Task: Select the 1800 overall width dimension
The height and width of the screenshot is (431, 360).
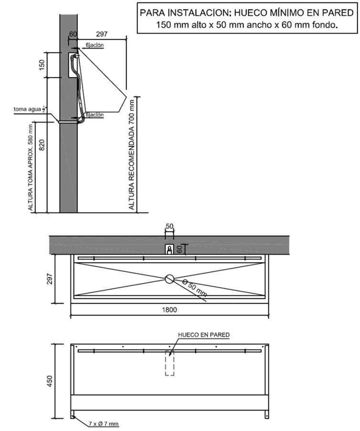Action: pyautogui.click(x=169, y=310)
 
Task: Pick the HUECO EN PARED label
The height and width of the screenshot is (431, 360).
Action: pyautogui.click(x=203, y=335)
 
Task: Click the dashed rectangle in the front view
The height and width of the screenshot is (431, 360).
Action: pyautogui.click(x=169, y=363)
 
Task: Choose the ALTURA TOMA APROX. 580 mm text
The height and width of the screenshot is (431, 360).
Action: pyautogui.click(x=30, y=167)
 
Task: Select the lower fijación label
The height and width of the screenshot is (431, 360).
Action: pyautogui.click(x=95, y=115)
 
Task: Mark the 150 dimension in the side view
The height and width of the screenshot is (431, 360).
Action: pyautogui.click(x=42, y=64)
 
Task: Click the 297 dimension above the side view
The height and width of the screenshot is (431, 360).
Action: pyautogui.click(x=101, y=34)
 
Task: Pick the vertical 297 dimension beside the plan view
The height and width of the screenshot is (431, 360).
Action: pyautogui.click(x=51, y=279)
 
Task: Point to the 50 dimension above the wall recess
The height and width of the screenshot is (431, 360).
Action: pyautogui.click(x=169, y=226)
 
